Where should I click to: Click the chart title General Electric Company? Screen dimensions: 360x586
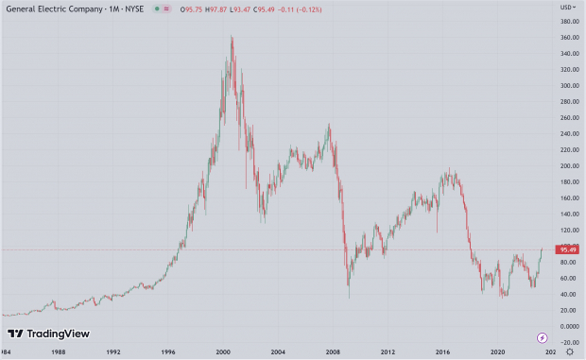48,9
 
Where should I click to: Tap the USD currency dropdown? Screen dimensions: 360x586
567,8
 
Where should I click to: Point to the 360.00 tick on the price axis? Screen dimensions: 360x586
567,38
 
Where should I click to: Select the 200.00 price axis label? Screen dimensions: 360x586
567,165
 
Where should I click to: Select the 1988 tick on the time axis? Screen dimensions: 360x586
60,351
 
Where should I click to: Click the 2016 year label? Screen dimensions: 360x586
443,351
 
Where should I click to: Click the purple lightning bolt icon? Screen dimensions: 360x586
543,337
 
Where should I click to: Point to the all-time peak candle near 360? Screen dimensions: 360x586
232,38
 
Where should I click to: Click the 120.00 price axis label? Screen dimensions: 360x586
567,230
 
